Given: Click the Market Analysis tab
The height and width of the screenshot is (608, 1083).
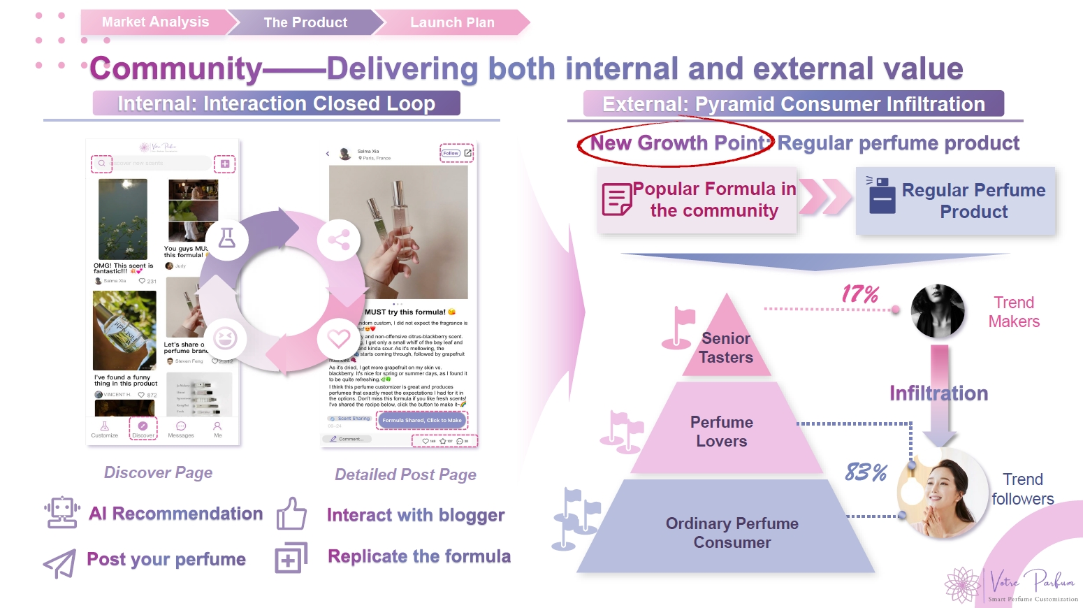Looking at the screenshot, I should pyautogui.click(x=155, y=22).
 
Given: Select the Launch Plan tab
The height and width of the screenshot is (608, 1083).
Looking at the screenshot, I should pyautogui.click(x=452, y=22).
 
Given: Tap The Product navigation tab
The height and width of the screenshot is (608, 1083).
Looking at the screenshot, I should pyautogui.click(x=305, y=22).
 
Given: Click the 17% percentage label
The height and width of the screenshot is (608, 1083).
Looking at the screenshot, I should pyautogui.click(x=860, y=294).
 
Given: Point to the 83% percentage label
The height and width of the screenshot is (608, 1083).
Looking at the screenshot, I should pyautogui.click(x=866, y=473).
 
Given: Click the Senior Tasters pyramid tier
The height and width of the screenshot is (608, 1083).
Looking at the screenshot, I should pyautogui.click(x=727, y=348).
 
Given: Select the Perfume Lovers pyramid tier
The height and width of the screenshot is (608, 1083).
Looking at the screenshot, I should pyautogui.click(x=722, y=432).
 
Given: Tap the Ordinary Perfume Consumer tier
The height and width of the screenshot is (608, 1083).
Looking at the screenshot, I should pyautogui.click(x=732, y=533).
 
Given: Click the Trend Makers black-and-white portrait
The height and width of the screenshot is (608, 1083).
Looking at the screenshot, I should pyautogui.click(x=938, y=311).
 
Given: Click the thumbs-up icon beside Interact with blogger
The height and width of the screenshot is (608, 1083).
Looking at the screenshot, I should pyautogui.click(x=291, y=514).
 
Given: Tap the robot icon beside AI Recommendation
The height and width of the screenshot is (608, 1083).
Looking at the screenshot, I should pyautogui.click(x=61, y=512).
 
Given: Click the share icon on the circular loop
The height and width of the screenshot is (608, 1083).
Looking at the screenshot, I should pyautogui.click(x=339, y=240).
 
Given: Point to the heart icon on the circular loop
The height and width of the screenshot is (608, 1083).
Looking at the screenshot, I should pyautogui.click(x=339, y=339).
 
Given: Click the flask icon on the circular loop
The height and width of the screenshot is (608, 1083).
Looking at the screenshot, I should pyautogui.click(x=227, y=239).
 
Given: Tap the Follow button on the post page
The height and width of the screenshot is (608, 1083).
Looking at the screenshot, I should pyautogui.click(x=451, y=153).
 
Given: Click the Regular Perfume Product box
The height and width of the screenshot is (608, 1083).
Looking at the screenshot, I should pyautogui.click(x=955, y=201).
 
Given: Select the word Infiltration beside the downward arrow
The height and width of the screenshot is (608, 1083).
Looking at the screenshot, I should pyautogui.click(x=938, y=393).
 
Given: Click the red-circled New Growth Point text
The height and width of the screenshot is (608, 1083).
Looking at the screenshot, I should pyautogui.click(x=676, y=143).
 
